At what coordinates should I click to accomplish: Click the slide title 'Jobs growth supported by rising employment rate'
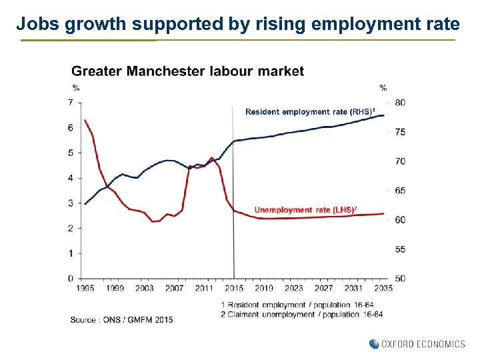[238, 25]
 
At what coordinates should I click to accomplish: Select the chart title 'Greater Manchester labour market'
[187, 71]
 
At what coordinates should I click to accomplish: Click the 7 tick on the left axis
[71, 102]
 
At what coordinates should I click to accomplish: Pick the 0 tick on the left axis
[71, 278]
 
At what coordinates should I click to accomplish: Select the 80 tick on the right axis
[399, 103]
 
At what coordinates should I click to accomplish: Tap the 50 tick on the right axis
[399, 278]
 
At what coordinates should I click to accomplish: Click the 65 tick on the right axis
[399, 191]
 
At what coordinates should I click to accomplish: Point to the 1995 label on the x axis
[85, 288]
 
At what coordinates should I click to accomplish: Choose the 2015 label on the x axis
[234, 288]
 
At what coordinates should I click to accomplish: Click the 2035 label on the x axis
[383, 288]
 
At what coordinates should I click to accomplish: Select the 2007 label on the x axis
[174, 288]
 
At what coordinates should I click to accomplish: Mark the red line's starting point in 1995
[85, 120]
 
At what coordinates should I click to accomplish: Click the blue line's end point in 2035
[384, 115]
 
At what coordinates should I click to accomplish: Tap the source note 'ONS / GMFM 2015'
[121, 320]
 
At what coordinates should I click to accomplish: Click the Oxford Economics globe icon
[374, 344]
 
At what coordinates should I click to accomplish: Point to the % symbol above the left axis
[76, 88]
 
